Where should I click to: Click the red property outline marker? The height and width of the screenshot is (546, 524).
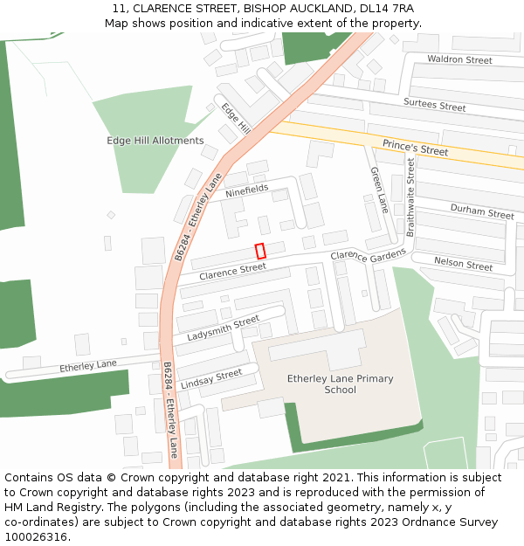coord(260,251)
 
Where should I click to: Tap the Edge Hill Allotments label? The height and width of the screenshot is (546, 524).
coord(155,141)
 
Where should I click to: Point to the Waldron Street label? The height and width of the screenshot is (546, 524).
coord(459,60)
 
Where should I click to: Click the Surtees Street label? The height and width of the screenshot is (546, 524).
coord(434,106)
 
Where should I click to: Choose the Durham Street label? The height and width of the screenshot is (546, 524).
coord(482,212)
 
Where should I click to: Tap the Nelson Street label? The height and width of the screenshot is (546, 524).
coord(463,264)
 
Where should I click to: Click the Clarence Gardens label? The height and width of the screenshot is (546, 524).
coord(368,255)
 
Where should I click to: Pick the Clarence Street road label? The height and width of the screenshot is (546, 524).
coord(232,272)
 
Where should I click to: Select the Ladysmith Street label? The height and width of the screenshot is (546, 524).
coord(223,329)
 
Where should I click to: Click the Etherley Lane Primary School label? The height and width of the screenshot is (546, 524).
coord(340,384)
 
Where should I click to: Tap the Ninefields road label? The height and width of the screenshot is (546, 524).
coord(247,190)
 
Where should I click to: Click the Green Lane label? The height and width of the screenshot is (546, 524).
coord(378,190)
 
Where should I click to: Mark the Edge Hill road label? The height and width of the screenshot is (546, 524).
coord(236,118)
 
